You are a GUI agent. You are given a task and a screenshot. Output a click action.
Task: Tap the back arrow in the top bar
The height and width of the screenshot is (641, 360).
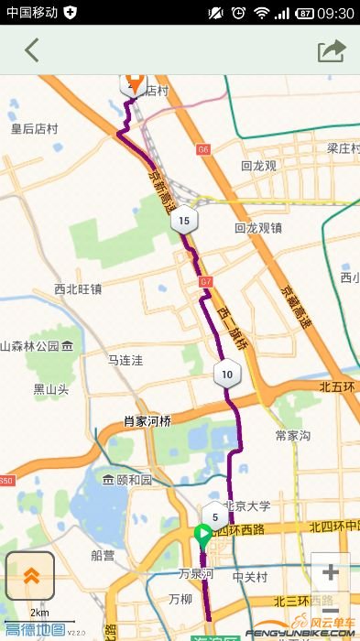(x=32, y=50)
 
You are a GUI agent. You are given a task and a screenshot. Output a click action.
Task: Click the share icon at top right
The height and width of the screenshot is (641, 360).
(x=332, y=50)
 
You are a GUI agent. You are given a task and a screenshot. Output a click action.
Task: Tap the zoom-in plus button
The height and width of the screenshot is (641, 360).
(x=331, y=573)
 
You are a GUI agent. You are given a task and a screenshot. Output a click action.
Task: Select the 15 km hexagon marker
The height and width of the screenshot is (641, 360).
(x=184, y=220)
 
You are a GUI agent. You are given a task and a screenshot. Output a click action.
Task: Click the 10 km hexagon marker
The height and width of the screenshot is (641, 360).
(x=226, y=374)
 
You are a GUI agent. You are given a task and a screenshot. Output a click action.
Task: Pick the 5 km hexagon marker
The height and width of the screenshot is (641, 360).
(x=214, y=516)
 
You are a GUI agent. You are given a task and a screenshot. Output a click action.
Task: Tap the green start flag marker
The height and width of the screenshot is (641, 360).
(x=202, y=534)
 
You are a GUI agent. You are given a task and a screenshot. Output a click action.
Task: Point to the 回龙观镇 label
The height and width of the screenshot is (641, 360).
(x=258, y=228)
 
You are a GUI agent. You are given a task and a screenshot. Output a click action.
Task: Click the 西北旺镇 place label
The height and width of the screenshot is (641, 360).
(x=78, y=289)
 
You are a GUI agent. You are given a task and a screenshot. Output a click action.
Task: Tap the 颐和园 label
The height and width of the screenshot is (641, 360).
(x=129, y=480)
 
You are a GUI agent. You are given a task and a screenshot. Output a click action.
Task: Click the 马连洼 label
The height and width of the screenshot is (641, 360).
(x=126, y=361)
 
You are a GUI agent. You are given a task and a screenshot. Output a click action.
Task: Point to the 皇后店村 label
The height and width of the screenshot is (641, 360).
(x=35, y=129)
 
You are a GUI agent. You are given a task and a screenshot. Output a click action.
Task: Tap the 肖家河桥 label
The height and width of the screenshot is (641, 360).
(x=147, y=422)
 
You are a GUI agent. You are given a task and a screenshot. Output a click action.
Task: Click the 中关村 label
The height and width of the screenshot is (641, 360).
(x=249, y=577)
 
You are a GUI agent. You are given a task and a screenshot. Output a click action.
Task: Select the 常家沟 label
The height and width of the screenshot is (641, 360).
(x=293, y=435)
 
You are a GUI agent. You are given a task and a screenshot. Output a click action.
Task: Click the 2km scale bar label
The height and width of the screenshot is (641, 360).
(x=39, y=613)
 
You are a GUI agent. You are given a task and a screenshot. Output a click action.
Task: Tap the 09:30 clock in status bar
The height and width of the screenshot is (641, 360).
(x=338, y=13)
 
